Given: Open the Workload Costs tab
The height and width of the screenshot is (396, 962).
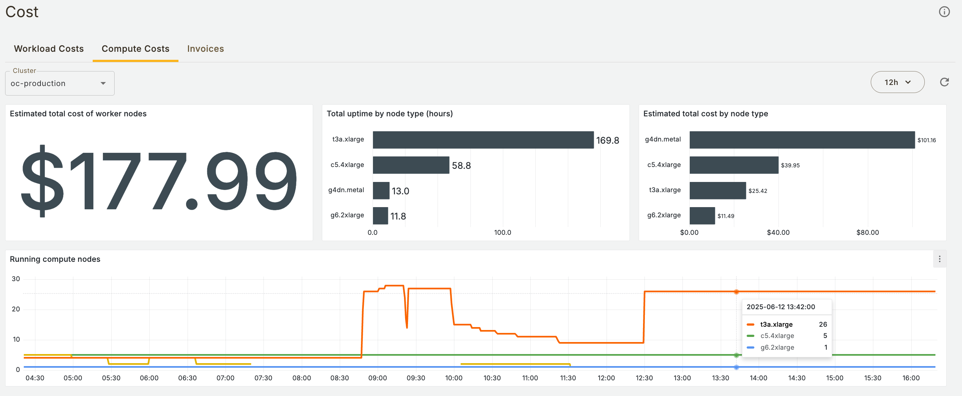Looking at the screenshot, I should (x=49, y=49).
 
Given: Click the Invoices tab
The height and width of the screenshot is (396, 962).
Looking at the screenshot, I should (x=205, y=49).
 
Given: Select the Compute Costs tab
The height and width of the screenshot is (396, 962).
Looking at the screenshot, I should (x=135, y=49).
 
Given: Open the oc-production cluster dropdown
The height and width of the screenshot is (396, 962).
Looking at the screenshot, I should (x=60, y=83).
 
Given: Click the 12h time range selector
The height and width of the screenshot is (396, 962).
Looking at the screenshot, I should (x=897, y=82).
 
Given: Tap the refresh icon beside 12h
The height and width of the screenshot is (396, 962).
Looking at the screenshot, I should (x=944, y=82).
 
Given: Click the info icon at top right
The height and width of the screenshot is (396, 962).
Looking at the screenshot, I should (x=944, y=12).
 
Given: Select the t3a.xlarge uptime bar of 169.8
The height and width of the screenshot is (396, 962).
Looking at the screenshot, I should (x=483, y=140).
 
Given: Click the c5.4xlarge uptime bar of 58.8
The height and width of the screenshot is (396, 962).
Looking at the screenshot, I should (x=411, y=165).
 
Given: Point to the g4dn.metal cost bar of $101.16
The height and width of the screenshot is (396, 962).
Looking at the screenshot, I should (x=802, y=140).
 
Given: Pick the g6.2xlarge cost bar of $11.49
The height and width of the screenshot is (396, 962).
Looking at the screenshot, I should (x=702, y=216).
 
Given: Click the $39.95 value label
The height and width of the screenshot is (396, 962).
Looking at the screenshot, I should (x=790, y=165).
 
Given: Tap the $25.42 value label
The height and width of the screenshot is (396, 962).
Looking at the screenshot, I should (x=758, y=191).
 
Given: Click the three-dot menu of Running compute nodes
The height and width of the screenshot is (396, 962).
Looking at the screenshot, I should (x=940, y=259).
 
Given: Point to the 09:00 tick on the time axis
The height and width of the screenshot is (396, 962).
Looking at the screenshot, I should (x=378, y=378).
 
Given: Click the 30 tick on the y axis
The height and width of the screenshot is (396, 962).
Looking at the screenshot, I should (x=16, y=279).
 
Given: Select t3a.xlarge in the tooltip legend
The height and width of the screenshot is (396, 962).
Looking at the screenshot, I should (x=776, y=324).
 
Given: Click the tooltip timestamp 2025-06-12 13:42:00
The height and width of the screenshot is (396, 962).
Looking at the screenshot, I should (x=781, y=307).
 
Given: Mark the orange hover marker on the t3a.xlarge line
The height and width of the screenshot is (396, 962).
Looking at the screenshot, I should (x=736, y=292).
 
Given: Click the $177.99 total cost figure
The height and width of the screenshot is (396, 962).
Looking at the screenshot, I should (x=159, y=181).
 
